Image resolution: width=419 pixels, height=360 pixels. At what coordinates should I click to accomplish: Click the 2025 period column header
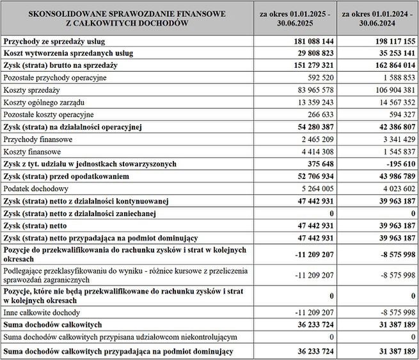pyautogui.click(x=295, y=17)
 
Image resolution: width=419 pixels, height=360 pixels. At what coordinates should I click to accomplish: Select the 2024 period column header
pyautogui.click(x=378, y=17)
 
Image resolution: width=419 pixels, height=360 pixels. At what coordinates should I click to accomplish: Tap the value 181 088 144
pyautogui.click(x=309, y=41)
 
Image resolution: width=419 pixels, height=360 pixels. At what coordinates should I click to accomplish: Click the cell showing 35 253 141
pyautogui.click(x=391, y=53)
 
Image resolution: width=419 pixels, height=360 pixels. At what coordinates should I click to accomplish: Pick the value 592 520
pyautogui.click(x=316, y=77)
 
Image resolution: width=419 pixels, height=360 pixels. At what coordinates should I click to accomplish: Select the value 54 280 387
pyautogui.click(x=311, y=127)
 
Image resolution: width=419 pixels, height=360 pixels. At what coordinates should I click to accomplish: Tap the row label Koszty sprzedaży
pyautogui.click(x=32, y=90)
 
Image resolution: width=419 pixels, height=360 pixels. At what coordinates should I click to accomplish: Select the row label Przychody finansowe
pyautogui.click(x=38, y=139)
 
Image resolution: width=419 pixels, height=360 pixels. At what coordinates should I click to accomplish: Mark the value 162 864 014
pyautogui.click(x=390, y=65)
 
